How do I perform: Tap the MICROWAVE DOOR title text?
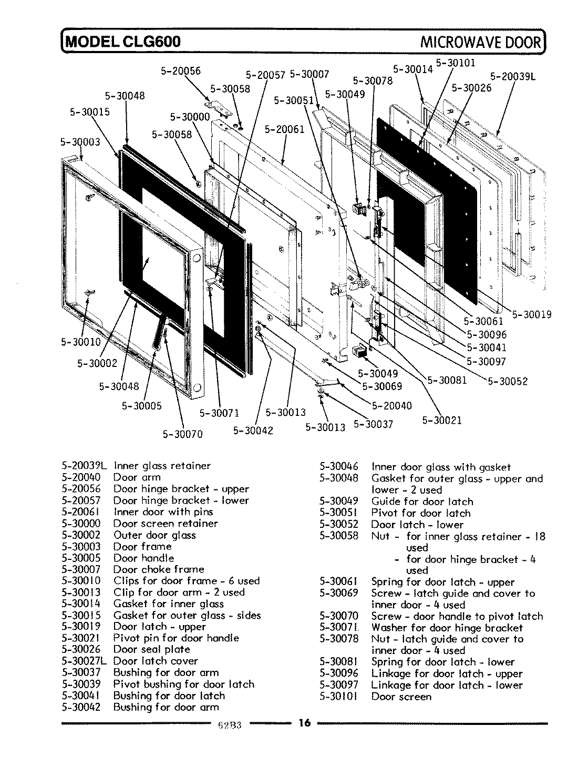pos(480,42)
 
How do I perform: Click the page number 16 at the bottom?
pos(305,723)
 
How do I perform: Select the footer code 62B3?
pos(229,726)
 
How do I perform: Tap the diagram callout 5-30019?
pos(532,314)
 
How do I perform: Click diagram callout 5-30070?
pos(182,434)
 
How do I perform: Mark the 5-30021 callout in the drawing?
pos(442,420)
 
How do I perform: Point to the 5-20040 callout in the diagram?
pos(392,405)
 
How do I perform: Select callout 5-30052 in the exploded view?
pos(508,382)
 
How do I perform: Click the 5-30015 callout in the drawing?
pos(89,112)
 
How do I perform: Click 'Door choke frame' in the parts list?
pos(159,569)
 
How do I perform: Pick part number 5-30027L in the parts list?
pos(84,661)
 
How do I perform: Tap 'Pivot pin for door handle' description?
pos(176,638)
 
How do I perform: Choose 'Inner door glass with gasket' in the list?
pos(441,467)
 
